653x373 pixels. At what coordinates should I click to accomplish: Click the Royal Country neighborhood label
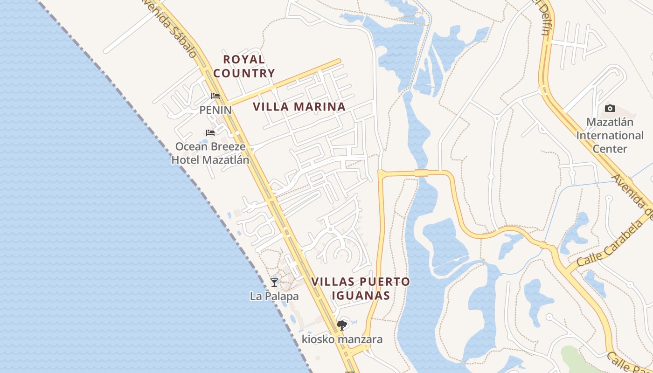244,66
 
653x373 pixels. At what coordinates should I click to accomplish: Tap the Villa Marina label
299,107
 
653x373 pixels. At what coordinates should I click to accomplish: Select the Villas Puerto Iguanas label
361,289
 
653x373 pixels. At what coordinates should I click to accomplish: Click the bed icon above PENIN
215,96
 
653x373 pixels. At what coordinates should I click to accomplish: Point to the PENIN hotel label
215,110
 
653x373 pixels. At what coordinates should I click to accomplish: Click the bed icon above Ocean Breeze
210,133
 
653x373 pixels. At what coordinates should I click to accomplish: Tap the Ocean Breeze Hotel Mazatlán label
210,153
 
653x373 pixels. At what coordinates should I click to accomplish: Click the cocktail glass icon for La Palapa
274,282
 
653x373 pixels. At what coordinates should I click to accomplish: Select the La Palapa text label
274,296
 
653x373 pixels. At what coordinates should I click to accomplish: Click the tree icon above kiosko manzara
342,325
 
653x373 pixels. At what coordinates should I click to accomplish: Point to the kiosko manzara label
342,339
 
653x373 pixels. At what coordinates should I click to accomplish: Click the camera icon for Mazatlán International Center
610,109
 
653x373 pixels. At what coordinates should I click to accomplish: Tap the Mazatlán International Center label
610,135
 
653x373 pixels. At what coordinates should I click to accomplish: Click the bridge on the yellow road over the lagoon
421,173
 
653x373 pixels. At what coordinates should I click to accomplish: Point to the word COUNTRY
244,73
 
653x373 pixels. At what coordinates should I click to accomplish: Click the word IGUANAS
361,296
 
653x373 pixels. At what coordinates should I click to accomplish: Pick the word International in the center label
610,136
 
